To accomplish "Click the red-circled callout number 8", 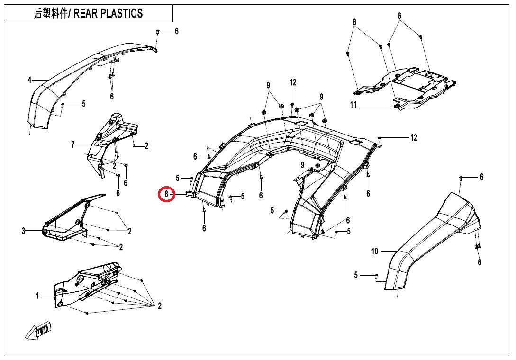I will [x=166, y=194].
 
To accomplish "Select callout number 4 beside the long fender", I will [x=29, y=80].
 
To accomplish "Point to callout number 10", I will [x=375, y=251].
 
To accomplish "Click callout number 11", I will [x=353, y=105].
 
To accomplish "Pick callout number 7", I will [x=73, y=144].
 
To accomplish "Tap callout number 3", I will [x=23, y=231].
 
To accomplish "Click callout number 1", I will [x=37, y=296].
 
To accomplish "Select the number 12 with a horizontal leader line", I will [x=414, y=138].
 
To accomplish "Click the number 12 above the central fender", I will [x=293, y=82].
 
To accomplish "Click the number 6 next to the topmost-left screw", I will [x=177, y=31].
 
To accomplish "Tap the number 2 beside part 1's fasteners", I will [x=160, y=306].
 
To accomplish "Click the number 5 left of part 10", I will [x=356, y=275].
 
